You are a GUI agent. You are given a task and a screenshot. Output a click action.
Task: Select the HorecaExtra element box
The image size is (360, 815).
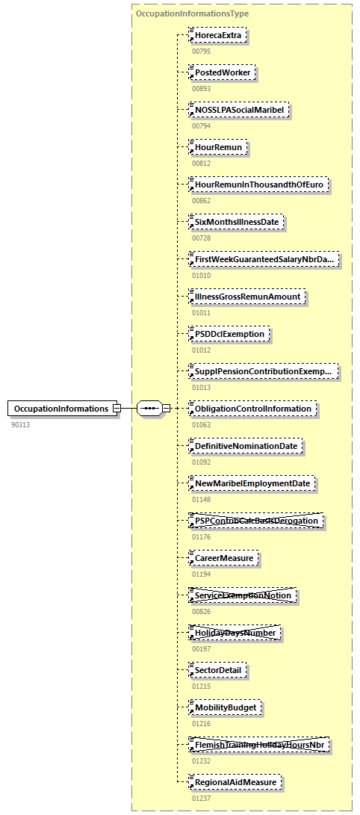tap(217, 35)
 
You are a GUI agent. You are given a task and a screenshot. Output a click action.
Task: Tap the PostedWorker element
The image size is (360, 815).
tap(223, 72)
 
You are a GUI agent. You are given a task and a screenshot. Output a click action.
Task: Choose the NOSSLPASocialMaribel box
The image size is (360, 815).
tap(239, 110)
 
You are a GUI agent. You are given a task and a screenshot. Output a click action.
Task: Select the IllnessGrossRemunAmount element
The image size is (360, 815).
tap(247, 297)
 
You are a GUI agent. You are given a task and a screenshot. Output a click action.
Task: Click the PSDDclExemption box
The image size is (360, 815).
tap(229, 334)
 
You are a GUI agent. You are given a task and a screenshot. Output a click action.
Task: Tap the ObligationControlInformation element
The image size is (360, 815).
tap(252, 409)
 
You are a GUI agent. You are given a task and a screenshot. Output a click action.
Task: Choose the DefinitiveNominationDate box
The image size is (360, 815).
tap(246, 446)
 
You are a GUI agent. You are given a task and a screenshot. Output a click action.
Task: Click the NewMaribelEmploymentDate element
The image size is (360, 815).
tap(252, 483)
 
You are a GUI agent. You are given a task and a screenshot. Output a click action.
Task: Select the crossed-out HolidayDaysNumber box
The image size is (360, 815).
tap(235, 633)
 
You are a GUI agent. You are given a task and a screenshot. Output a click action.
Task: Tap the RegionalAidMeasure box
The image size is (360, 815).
tap(236, 782)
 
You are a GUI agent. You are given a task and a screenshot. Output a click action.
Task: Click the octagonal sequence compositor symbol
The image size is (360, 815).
tap(150, 409)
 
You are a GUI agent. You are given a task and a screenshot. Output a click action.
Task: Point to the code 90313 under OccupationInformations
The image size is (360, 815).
tap(22, 424)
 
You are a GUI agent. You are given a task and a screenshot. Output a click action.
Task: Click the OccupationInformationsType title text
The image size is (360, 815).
tap(192, 13)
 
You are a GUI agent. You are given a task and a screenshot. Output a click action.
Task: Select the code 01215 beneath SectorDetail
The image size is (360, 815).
tap(201, 686)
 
